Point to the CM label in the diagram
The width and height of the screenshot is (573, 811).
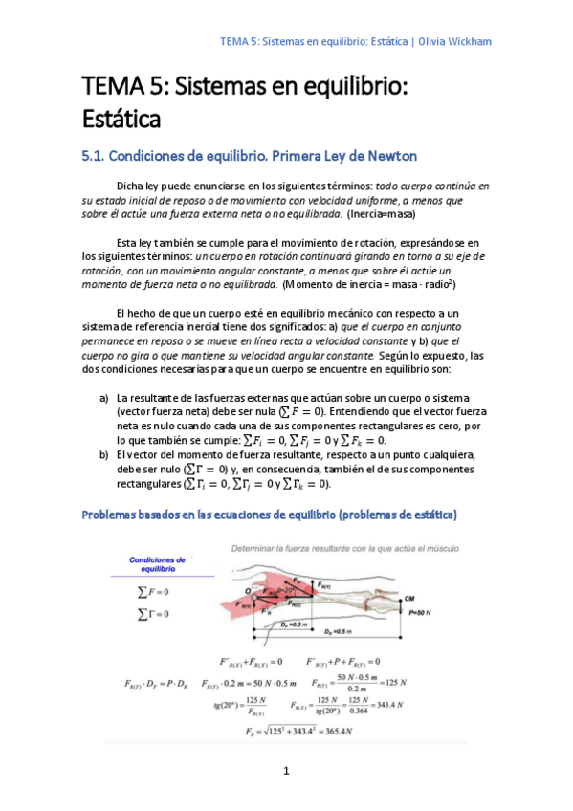(x=436, y=595)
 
